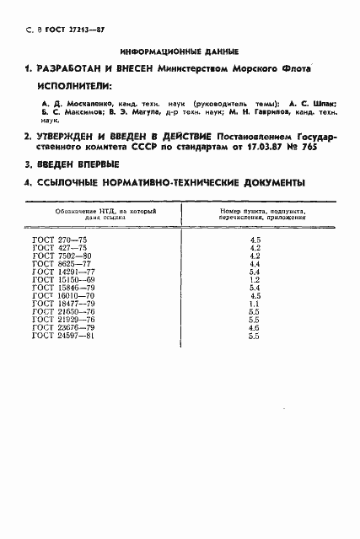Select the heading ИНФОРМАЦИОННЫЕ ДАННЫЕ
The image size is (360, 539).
[x=180, y=51]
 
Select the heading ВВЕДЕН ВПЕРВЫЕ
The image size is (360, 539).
[x=78, y=164]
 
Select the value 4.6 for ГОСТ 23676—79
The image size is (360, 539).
[x=255, y=329]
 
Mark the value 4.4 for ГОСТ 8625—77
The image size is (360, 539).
[x=255, y=265]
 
